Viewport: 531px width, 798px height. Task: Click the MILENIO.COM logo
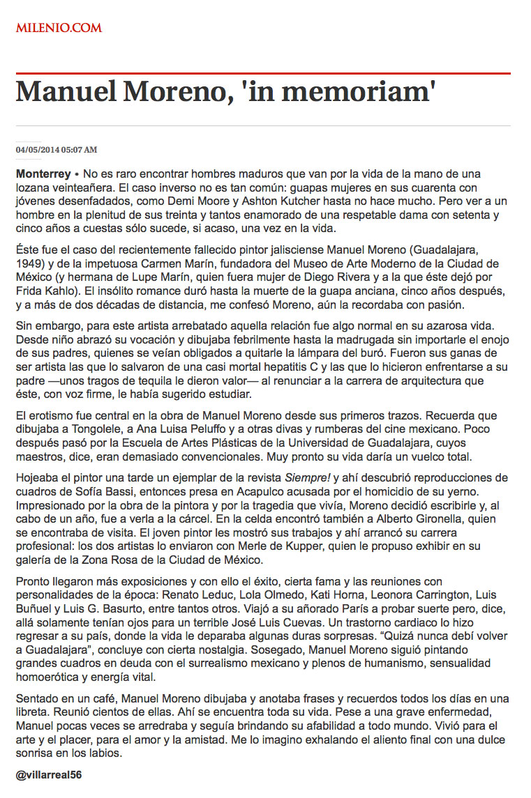click(x=59, y=28)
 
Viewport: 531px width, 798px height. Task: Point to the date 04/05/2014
click(x=38, y=149)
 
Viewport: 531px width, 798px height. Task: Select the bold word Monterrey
click(x=43, y=172)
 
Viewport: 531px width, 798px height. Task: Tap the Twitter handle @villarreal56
click(x=49, y=774)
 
